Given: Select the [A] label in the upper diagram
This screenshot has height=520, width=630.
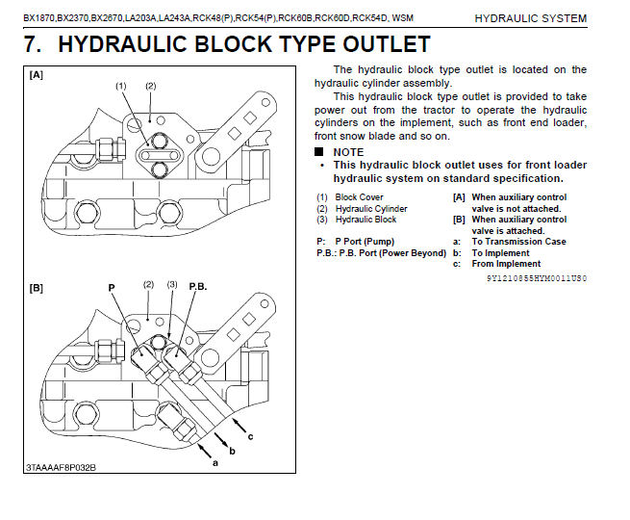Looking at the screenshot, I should tap(37, 75).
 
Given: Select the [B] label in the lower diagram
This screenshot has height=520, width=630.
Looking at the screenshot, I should tap(37, 288).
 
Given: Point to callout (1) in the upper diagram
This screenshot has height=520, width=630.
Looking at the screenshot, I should tap(121, 86).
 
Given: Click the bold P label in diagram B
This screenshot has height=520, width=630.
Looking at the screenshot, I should tap(112, 287).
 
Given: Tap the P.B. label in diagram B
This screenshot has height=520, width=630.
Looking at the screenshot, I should tap(198, 287).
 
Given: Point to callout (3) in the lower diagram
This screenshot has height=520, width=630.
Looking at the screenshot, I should tap(173, 285).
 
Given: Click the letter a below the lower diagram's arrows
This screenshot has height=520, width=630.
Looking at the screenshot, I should tap(215, 462).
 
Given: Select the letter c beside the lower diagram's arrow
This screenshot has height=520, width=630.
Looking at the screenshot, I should tap(251, 437).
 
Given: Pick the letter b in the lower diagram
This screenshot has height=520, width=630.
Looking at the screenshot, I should tap(232, 450).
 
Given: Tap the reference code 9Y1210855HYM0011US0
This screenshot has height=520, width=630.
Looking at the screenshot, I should tap(536, 277).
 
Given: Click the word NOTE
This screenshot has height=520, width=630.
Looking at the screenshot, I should tap(347, 152).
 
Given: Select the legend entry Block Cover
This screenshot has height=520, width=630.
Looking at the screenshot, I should tap(359, 197).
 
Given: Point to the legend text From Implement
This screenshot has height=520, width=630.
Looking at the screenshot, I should tap(506, 264).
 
